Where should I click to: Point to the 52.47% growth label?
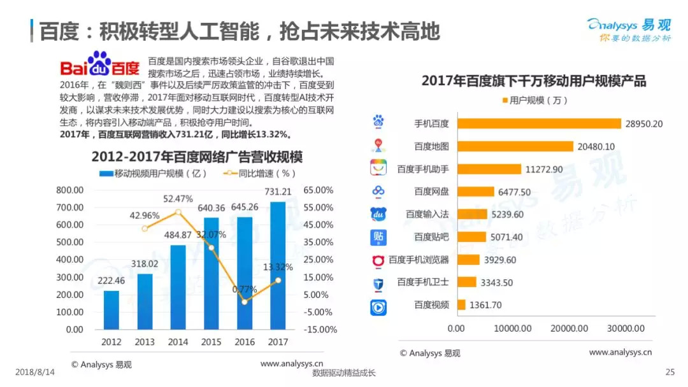pos(178,199)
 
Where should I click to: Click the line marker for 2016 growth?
pos(245,302)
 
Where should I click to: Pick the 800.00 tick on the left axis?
pos(70,190)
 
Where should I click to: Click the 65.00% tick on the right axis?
pos(319,190)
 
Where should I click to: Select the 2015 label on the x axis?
pos(211,342)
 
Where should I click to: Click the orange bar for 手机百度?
pos(539,123)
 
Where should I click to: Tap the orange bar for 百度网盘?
pos(475,192)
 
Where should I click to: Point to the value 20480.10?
pos(596,146)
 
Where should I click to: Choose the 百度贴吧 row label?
pos(431,237)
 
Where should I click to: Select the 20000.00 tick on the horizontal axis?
pos(570,328)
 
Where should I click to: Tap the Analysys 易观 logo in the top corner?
pos(628,29)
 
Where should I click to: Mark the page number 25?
pos(669,372)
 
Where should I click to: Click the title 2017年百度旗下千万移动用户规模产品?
pos(534,81)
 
